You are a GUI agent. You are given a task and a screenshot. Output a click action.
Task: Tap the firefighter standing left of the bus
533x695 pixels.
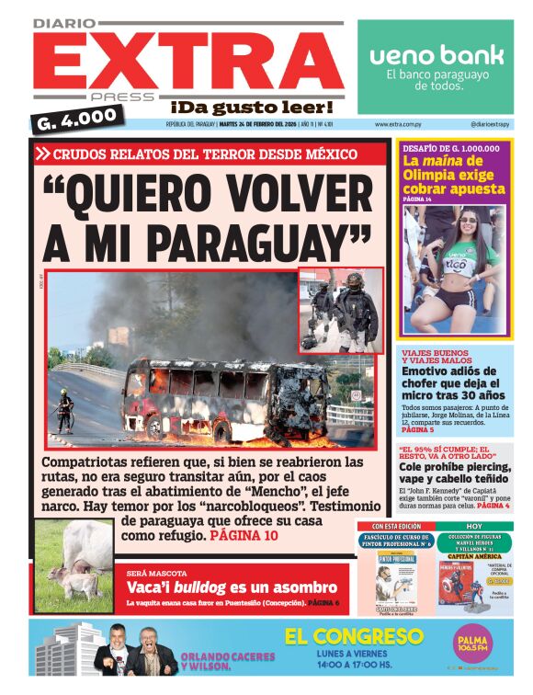[x=64, y=410]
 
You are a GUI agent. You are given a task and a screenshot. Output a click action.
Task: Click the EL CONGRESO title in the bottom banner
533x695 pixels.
[x=354, y=636]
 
